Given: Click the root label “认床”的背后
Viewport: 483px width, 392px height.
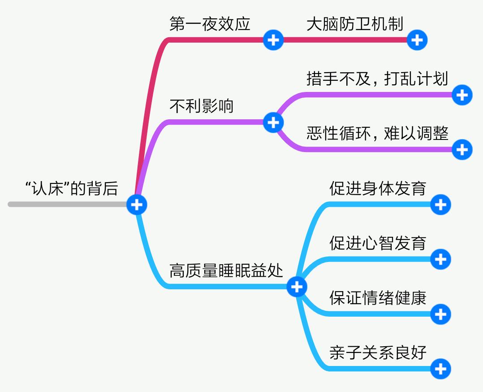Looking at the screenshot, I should (x=71, y=189).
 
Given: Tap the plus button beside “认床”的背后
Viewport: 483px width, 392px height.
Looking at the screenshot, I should (x=137, y=205).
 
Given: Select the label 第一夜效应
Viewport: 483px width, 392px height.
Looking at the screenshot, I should (x=210, y=24).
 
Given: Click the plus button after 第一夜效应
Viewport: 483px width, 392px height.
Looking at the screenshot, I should (x=273, y=40).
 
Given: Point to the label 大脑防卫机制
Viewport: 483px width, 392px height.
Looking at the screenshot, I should (x=355, y=24).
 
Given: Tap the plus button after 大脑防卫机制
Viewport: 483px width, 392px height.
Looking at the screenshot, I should (x=417, y=40).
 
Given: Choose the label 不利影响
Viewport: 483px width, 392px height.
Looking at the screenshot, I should (x=201, y=106).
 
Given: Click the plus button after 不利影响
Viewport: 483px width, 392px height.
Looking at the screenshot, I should (x=273, y=122).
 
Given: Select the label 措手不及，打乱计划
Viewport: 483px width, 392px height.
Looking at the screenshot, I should (x=377, y=78).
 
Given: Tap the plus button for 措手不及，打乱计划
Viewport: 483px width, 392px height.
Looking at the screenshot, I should (x=462, y=95).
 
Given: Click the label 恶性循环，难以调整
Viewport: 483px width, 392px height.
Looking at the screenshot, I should (x=377, y=133).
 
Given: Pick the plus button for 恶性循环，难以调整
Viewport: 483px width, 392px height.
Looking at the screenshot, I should (x=462, y=149).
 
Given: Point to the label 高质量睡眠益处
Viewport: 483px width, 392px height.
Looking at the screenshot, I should (x=226, y=270).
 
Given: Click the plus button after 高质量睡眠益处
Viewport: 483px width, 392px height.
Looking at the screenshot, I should (x=297, y=287).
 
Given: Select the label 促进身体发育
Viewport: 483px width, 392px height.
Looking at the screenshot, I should (x=377, y=188).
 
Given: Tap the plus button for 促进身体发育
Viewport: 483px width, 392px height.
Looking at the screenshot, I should (x=440, y=205).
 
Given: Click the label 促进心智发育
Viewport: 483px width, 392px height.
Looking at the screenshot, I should (x=377, y=243).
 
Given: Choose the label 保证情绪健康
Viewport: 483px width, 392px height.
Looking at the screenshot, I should (x=377, y=298).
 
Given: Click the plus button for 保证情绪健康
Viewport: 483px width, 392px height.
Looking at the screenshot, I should (x=440, y=314).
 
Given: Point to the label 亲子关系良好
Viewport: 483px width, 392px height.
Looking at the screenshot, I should (x=377, y=353).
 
